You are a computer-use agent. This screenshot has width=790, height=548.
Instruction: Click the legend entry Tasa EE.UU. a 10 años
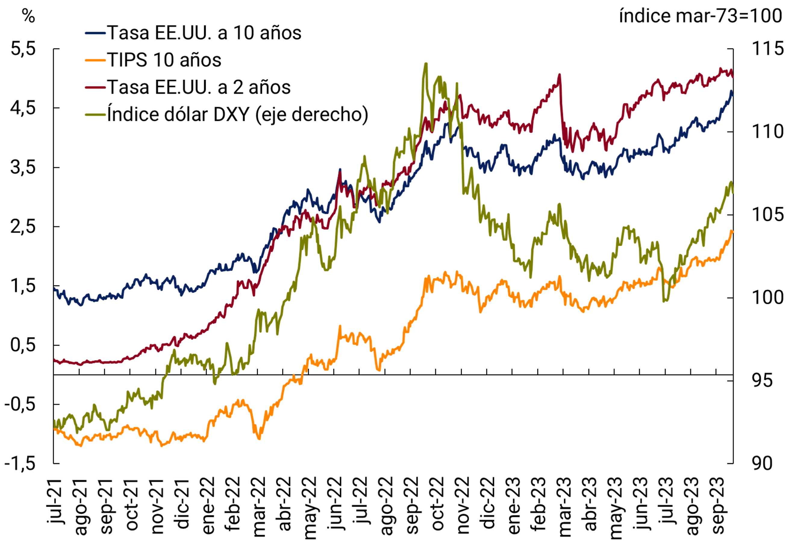point(205,33)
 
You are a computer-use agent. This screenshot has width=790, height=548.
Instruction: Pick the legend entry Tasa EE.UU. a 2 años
point(199,87)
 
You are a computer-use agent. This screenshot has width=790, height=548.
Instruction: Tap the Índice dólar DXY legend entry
point(237,114)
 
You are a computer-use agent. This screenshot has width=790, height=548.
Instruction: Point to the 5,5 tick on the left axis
point(23,49)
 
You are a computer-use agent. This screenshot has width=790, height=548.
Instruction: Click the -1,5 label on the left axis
point(20,464)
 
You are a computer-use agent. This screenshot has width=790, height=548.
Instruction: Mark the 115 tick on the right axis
point(767,49)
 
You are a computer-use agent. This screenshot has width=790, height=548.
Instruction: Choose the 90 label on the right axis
point(762,464)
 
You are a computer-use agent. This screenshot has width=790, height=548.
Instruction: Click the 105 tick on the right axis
point(767,215)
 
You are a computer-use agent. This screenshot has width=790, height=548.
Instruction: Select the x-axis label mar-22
point(259,506)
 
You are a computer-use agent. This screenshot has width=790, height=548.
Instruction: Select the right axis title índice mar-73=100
point(701,16)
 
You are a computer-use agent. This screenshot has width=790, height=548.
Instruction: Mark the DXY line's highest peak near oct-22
point(426,64)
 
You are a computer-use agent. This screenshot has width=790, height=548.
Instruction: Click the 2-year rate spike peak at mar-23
point(560,74)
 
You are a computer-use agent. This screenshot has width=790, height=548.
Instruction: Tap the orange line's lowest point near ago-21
point(81,446)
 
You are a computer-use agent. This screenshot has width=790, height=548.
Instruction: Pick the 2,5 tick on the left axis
point(23,227)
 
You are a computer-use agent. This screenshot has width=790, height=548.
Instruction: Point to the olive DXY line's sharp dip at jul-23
point(665,301)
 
